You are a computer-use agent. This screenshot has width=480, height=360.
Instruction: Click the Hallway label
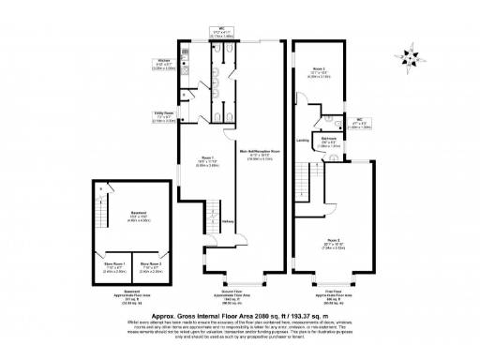click(228, 221)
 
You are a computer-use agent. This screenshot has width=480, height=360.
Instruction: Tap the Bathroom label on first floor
click(329, 118)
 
